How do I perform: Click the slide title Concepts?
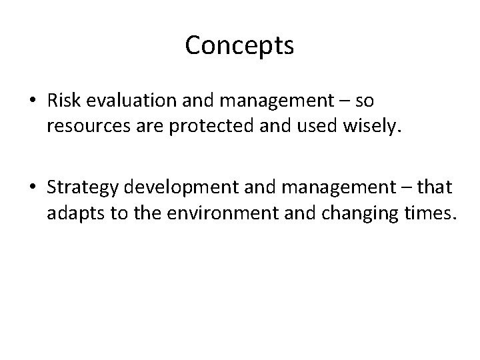(x=239, y=45)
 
